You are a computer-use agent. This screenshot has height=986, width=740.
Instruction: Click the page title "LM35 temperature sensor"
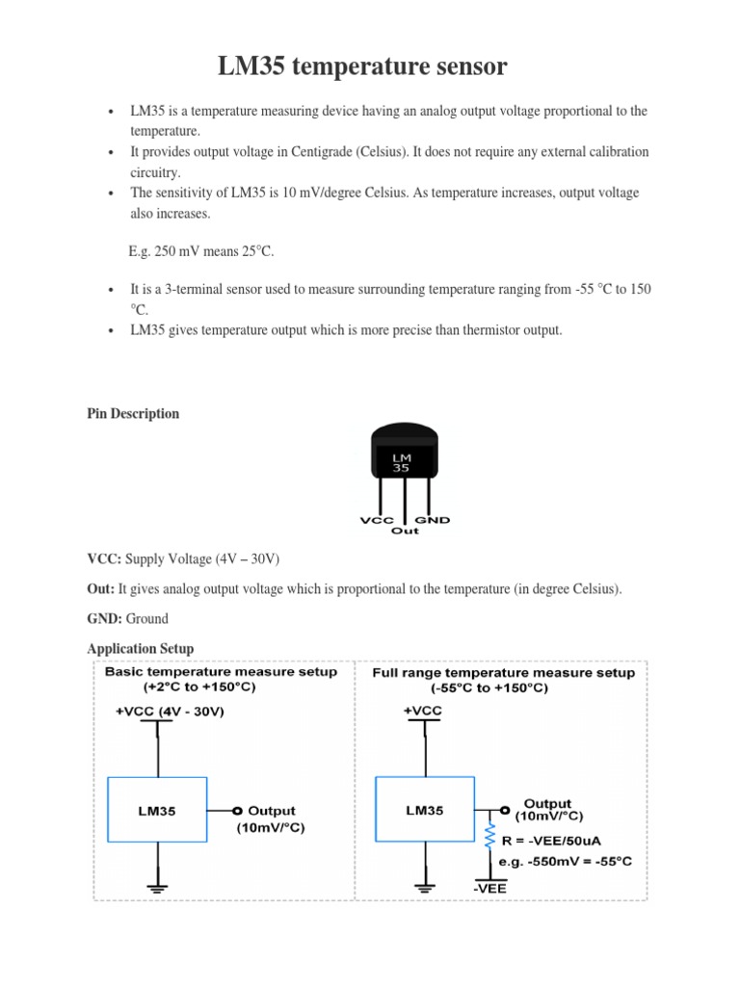(361, 67)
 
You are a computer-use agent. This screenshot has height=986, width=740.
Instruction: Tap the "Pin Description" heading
(133, 413)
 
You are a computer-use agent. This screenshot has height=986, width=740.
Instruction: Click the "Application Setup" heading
(141, 648)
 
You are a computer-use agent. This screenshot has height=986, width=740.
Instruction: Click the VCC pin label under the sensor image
(377, 521)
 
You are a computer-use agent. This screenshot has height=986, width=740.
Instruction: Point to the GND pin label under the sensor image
(432, 521)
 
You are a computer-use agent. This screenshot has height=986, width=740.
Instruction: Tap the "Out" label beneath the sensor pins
(405, 532)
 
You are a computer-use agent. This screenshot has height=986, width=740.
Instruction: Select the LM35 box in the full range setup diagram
(424, 811)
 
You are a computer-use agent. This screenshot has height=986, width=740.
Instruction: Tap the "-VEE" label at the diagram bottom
(489, 889)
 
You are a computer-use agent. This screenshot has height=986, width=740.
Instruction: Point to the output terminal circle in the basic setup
(235, 811)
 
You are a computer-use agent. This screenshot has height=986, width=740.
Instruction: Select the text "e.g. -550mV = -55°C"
(567, 861)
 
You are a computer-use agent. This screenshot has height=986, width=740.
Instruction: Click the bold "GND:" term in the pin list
(105, 619)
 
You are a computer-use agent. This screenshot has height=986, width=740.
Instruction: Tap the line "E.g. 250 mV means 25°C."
(201, 251)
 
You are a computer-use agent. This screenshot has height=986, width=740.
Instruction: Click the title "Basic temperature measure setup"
(221, 672)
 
